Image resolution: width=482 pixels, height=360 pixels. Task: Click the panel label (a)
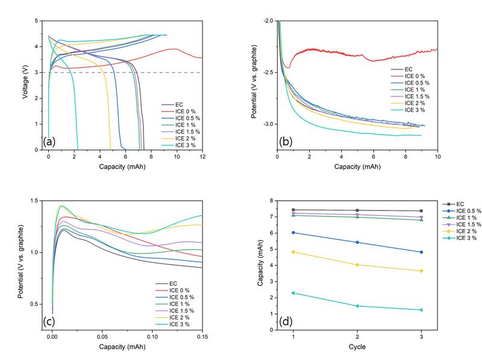point(50,142)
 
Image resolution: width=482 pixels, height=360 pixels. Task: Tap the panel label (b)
point(286,142)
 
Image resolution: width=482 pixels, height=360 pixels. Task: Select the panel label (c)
point(50,321)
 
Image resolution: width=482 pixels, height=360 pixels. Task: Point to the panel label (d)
point(286,321)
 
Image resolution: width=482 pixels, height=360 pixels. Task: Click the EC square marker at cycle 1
point(293,210)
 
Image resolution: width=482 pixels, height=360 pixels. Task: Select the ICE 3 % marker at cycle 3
point(421,310)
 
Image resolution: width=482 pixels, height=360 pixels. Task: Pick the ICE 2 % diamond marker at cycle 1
point(293,251)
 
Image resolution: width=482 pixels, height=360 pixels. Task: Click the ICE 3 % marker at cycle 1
point(293,293)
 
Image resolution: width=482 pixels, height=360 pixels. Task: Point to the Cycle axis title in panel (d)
point(357,347)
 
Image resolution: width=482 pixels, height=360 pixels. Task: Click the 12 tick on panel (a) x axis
point(202,156)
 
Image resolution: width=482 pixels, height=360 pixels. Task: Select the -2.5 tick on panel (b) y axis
point(267,72)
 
